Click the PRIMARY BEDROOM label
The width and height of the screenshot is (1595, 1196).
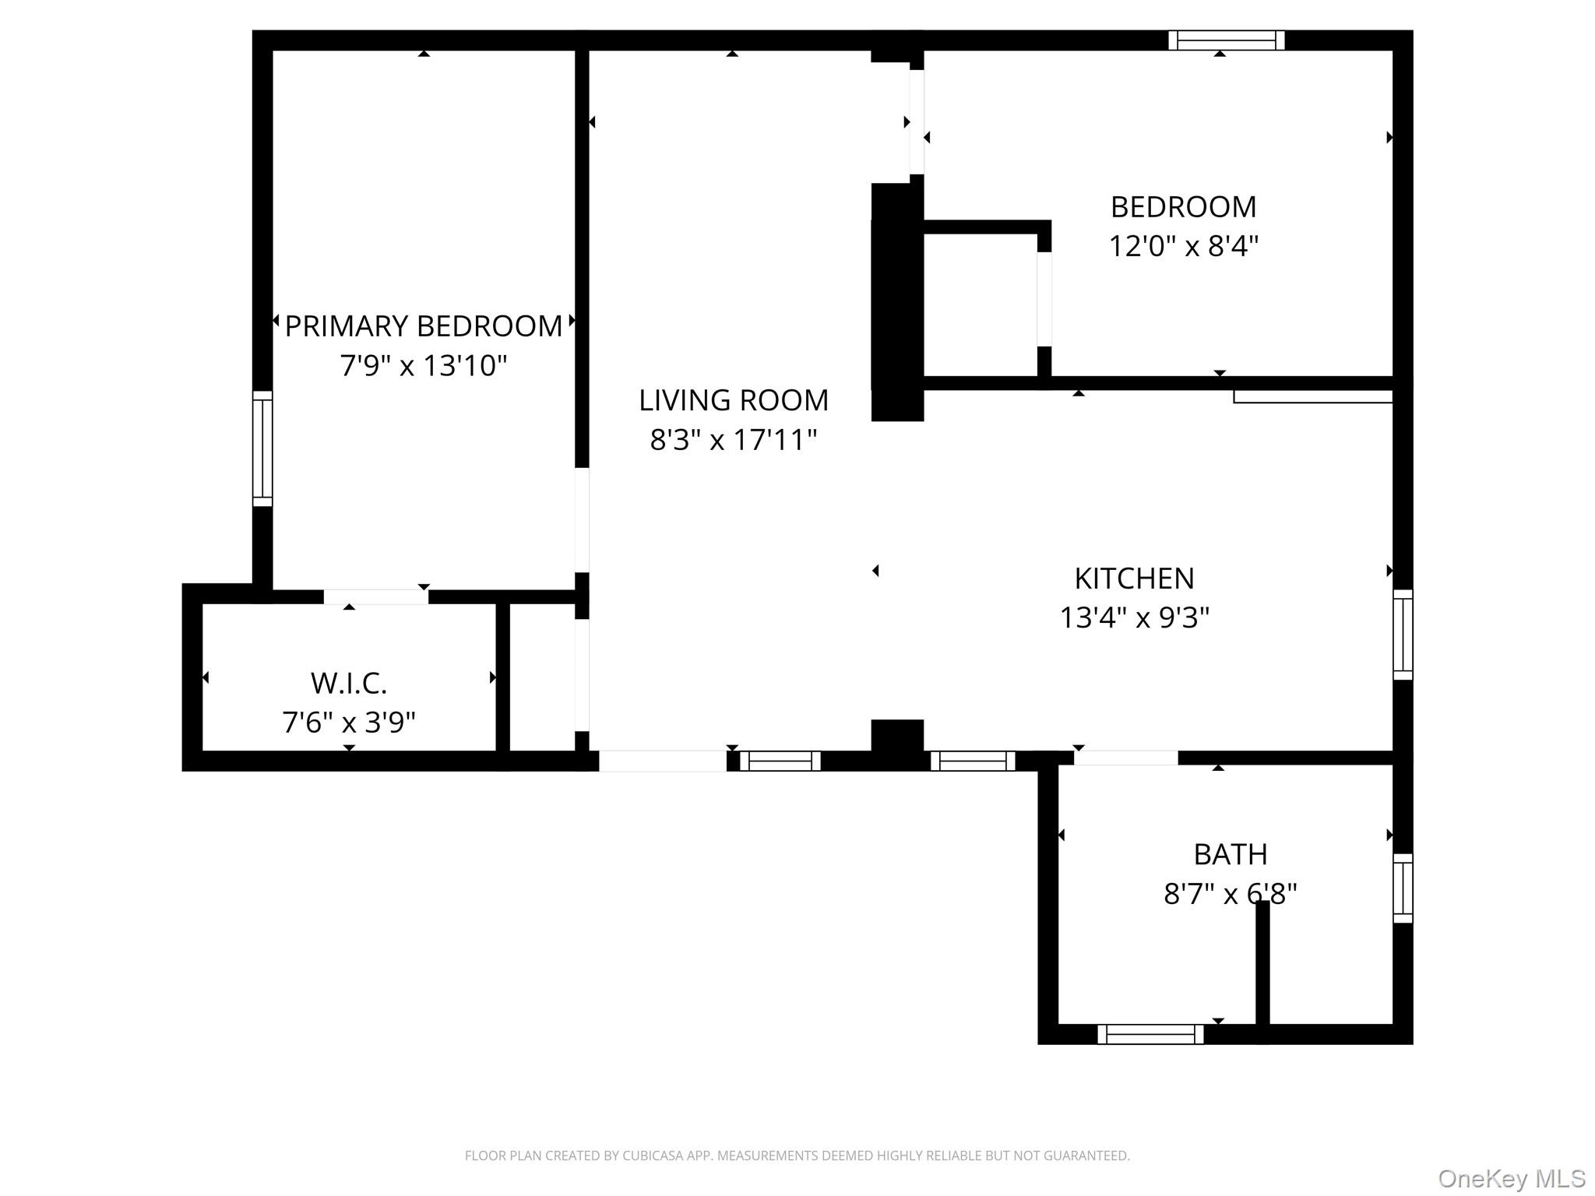(423, 326)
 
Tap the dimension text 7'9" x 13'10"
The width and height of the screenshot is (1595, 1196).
(423, 365)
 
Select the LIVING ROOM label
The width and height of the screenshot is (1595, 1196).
(733, 400)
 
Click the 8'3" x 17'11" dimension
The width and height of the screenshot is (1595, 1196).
(733, 440)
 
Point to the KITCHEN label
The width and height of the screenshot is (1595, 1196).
(1134, 579)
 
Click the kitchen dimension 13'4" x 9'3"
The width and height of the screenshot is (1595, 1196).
(1134, 618)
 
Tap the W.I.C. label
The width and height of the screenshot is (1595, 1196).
(348, 684)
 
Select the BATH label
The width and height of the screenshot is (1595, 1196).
(1230, 855)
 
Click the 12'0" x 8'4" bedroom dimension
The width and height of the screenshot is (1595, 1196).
(1183, 247)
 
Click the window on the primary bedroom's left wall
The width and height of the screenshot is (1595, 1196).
(262, 448)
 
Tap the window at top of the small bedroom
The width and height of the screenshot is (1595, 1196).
(1226, 40)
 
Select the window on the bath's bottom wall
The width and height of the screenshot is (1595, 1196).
(1150, 1034)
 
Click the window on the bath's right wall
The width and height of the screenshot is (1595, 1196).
(1402, 888)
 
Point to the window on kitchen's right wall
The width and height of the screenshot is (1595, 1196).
(1402, 635)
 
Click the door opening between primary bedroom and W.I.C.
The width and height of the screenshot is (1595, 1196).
(375, 597)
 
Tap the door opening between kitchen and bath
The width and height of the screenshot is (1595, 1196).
(1125, 758)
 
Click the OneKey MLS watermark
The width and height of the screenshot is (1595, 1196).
(1511, 1179)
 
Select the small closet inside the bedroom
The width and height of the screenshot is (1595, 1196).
(980, 304)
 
